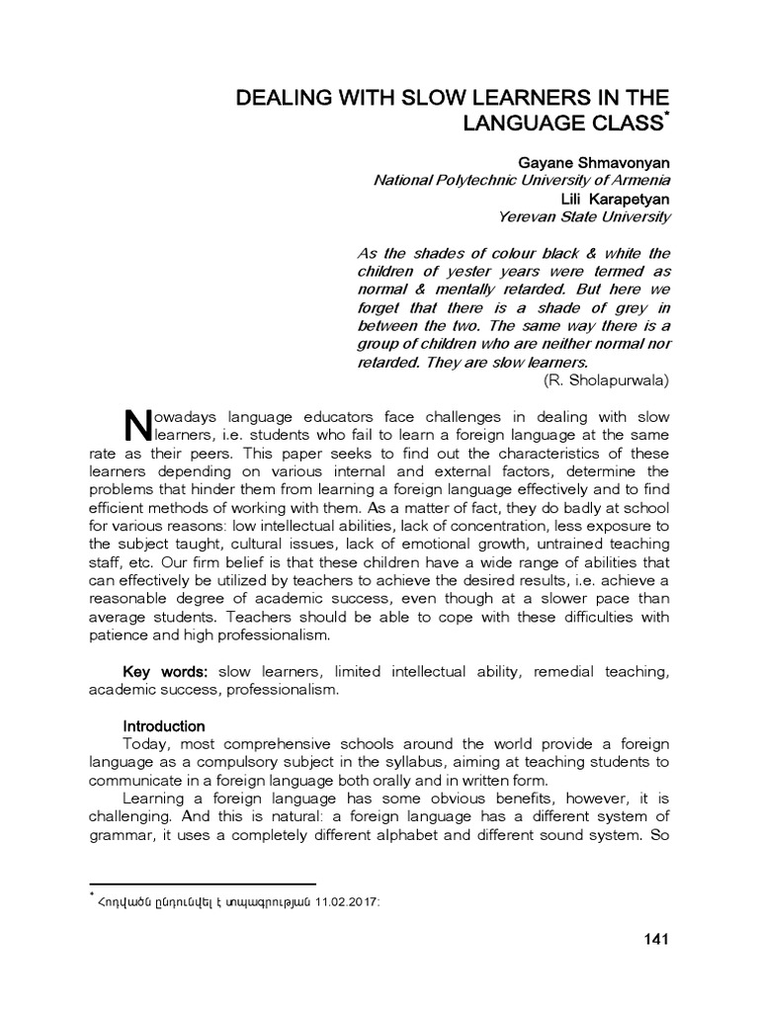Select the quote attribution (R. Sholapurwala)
coord(606,379)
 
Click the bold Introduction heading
coord(163,726)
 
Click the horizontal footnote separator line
coord(202,884)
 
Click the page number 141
coord(656,939)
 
